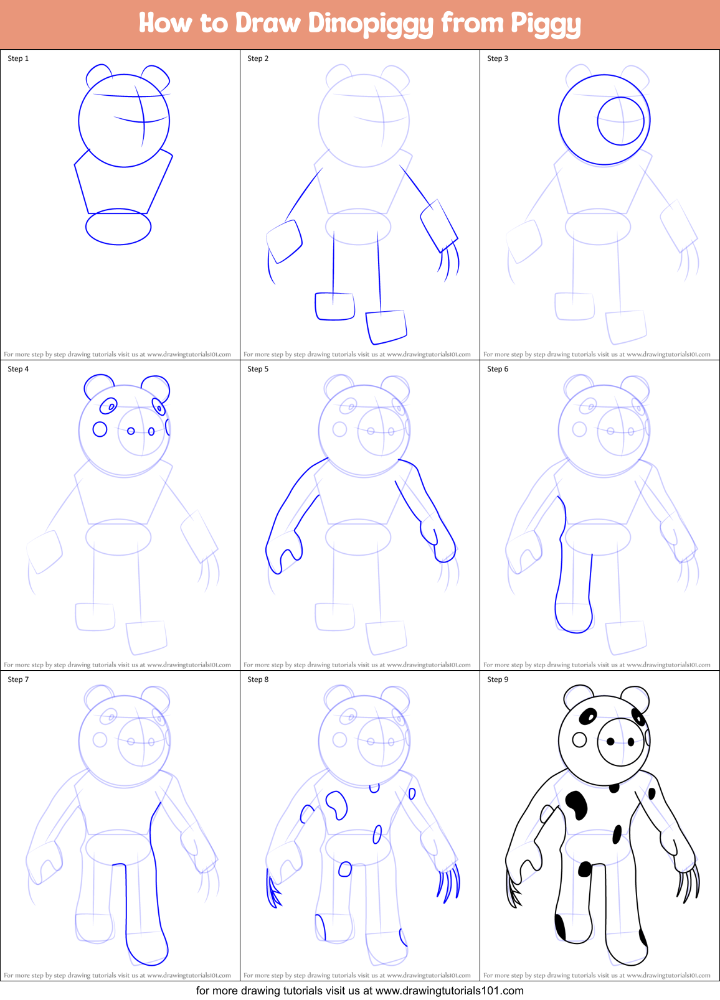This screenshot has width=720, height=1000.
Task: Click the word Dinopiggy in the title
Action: [371, 24]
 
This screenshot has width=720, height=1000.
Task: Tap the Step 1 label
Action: [18, 58]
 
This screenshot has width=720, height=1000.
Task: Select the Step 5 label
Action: [258, 369]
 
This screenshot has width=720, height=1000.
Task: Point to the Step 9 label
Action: [498, 680]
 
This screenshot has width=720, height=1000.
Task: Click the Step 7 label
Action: [18, 680]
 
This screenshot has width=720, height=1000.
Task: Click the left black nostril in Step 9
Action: [610, 741]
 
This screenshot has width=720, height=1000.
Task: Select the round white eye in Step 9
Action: [579, 739]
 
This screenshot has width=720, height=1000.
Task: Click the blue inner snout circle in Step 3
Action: [620, 121]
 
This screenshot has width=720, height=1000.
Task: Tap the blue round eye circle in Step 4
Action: [100, 429]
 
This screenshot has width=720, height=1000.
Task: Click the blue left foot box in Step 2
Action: [335, 306]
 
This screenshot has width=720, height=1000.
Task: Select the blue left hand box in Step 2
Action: [284, 241]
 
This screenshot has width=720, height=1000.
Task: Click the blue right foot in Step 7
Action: [147, 949]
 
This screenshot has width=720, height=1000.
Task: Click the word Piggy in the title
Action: [546, 24]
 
